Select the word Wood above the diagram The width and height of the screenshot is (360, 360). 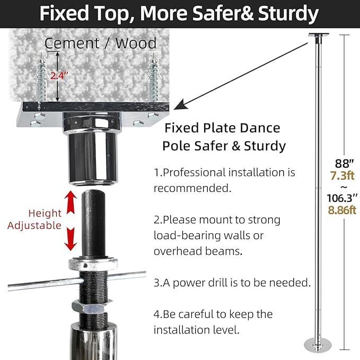[136, 43]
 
